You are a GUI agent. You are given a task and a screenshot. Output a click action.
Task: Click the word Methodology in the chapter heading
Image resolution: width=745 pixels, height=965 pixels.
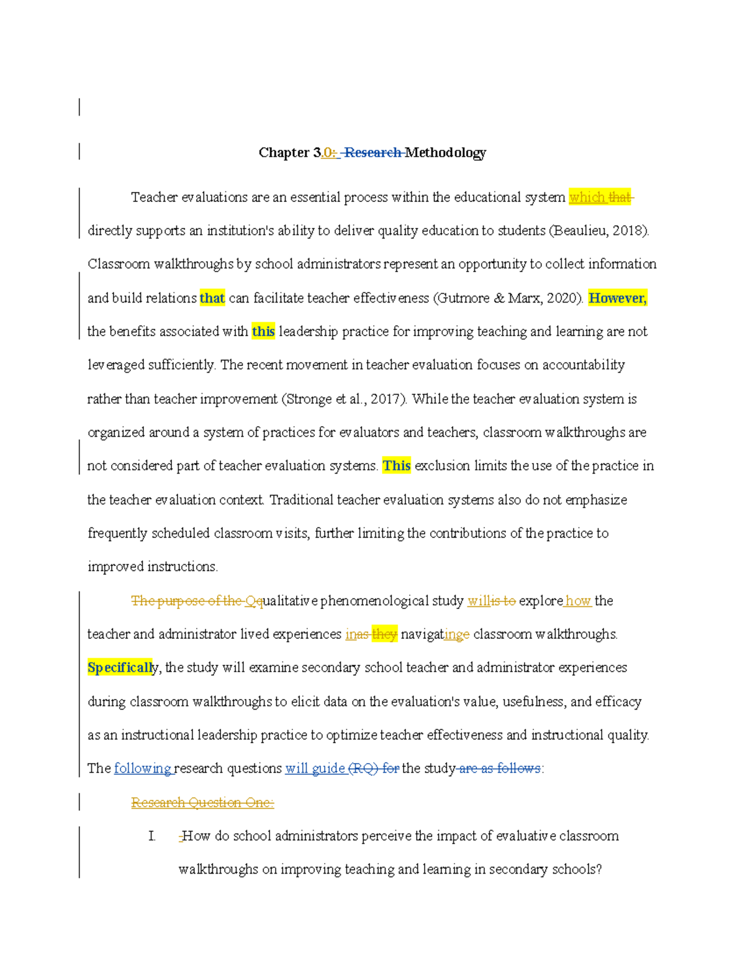click(445, 153)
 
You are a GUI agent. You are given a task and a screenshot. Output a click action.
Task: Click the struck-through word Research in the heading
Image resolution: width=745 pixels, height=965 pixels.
click(372, 153)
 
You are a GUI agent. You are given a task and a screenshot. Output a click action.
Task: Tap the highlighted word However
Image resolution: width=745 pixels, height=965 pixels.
click(617, 298)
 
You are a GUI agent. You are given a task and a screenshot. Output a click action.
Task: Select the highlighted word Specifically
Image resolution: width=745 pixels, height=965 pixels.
click(120, 668)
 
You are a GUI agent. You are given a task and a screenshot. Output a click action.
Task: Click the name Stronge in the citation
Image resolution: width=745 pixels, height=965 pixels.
click(309, 399)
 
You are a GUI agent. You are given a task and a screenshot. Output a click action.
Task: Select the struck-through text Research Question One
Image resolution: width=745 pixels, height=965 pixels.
click(202, 803)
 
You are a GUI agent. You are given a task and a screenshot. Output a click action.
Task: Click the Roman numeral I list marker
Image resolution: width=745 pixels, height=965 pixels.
click(151, 836)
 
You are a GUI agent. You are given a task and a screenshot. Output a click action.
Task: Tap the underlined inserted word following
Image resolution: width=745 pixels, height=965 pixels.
click(142, 769)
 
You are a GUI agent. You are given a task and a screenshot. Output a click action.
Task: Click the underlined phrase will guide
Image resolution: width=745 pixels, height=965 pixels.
click(315, 769)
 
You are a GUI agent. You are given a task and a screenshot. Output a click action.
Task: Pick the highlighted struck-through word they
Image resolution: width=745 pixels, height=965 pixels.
click(384, 634)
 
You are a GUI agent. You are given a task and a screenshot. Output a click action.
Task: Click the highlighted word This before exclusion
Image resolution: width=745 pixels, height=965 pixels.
click(396, 466)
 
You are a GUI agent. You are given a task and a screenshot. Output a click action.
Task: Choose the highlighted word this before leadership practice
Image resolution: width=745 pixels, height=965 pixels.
click(263, 332)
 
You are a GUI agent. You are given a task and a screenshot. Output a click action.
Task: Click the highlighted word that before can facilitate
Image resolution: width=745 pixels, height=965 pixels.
click(212, 298)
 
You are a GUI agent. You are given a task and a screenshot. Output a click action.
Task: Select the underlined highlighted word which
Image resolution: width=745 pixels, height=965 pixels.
click(587, 198)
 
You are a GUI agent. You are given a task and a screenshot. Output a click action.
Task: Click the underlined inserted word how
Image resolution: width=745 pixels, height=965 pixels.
click(578, 601)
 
